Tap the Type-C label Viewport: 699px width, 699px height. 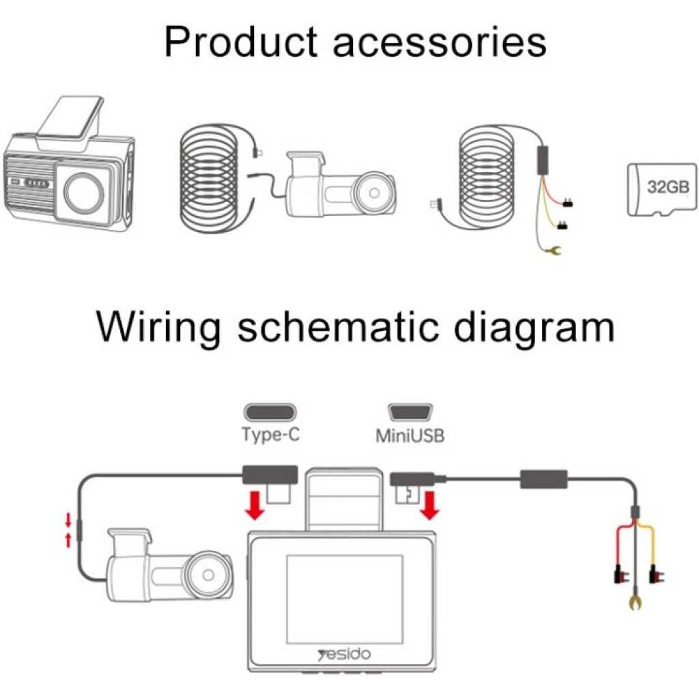click(x=270, y=434)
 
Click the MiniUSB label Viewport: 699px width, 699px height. click(x=410, y=435)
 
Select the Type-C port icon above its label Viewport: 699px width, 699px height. click(x=270, y=412)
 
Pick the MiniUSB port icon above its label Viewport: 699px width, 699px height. click(x=410, y=412)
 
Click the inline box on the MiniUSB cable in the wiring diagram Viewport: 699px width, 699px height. click(x=544, y=479)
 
